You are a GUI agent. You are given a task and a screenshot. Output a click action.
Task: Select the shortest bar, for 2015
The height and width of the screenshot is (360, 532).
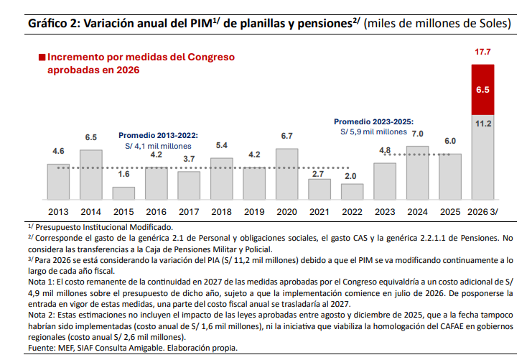(123, 193)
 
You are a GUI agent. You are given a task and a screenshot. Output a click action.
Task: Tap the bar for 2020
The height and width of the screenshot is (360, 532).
(286, 174)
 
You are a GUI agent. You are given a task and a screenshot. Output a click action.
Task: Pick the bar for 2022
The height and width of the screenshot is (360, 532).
(352, 192)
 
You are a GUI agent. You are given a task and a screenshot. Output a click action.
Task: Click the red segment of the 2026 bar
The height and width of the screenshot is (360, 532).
(482, 90)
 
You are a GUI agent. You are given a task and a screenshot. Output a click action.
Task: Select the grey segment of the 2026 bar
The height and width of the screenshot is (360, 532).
(482, 158)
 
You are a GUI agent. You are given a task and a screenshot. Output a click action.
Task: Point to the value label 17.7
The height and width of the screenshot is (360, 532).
(482, 53)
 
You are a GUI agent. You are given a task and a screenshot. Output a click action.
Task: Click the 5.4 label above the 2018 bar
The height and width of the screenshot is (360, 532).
(222, 146)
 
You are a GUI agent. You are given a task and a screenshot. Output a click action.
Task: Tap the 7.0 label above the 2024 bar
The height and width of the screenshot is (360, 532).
(417, 134)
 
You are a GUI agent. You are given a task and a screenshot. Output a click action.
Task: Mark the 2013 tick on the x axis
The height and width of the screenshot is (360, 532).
(58, 212)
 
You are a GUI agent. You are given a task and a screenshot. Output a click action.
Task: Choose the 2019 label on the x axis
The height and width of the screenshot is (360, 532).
(254, 212)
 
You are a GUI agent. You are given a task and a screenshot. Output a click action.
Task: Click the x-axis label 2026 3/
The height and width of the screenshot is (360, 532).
(482, 212)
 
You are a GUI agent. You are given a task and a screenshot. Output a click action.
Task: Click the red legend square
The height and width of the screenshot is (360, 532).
(42, 57)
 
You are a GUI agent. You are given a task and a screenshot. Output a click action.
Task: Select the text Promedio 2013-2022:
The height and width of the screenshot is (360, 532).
(158, 135)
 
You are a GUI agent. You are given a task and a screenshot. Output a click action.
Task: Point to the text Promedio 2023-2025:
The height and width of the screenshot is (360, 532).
(374, 121)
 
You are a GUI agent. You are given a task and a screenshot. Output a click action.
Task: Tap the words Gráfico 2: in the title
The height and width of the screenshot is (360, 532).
(54, 23)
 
